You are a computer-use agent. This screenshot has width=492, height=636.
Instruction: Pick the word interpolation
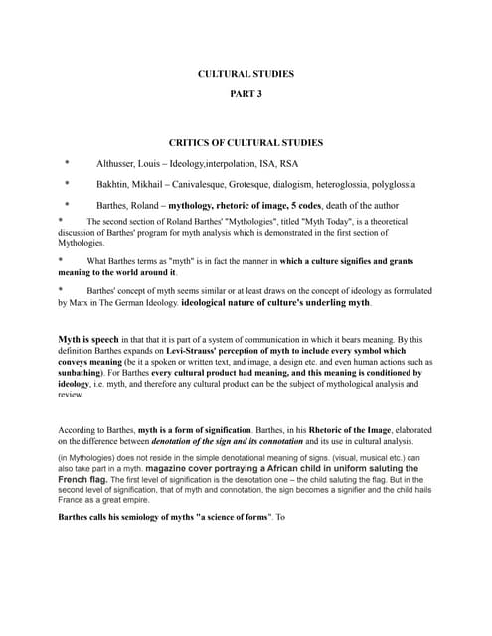point(235,163)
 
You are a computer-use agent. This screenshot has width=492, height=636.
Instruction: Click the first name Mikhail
point(158,184)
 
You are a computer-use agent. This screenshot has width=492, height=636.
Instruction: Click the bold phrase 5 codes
point(308,206)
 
